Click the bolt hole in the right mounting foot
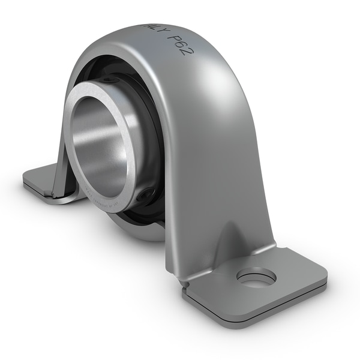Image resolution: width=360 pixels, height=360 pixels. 256,277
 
